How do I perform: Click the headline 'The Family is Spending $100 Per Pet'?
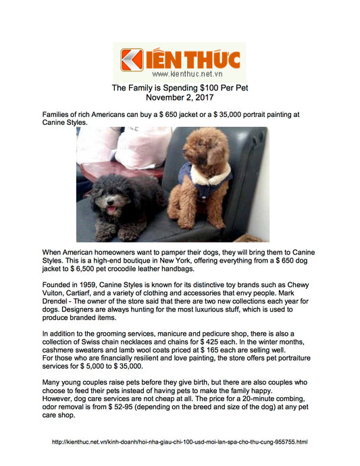tap(180, 88)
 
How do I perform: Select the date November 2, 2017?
tap(180, 98)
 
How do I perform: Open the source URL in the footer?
tap(180, 442)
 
